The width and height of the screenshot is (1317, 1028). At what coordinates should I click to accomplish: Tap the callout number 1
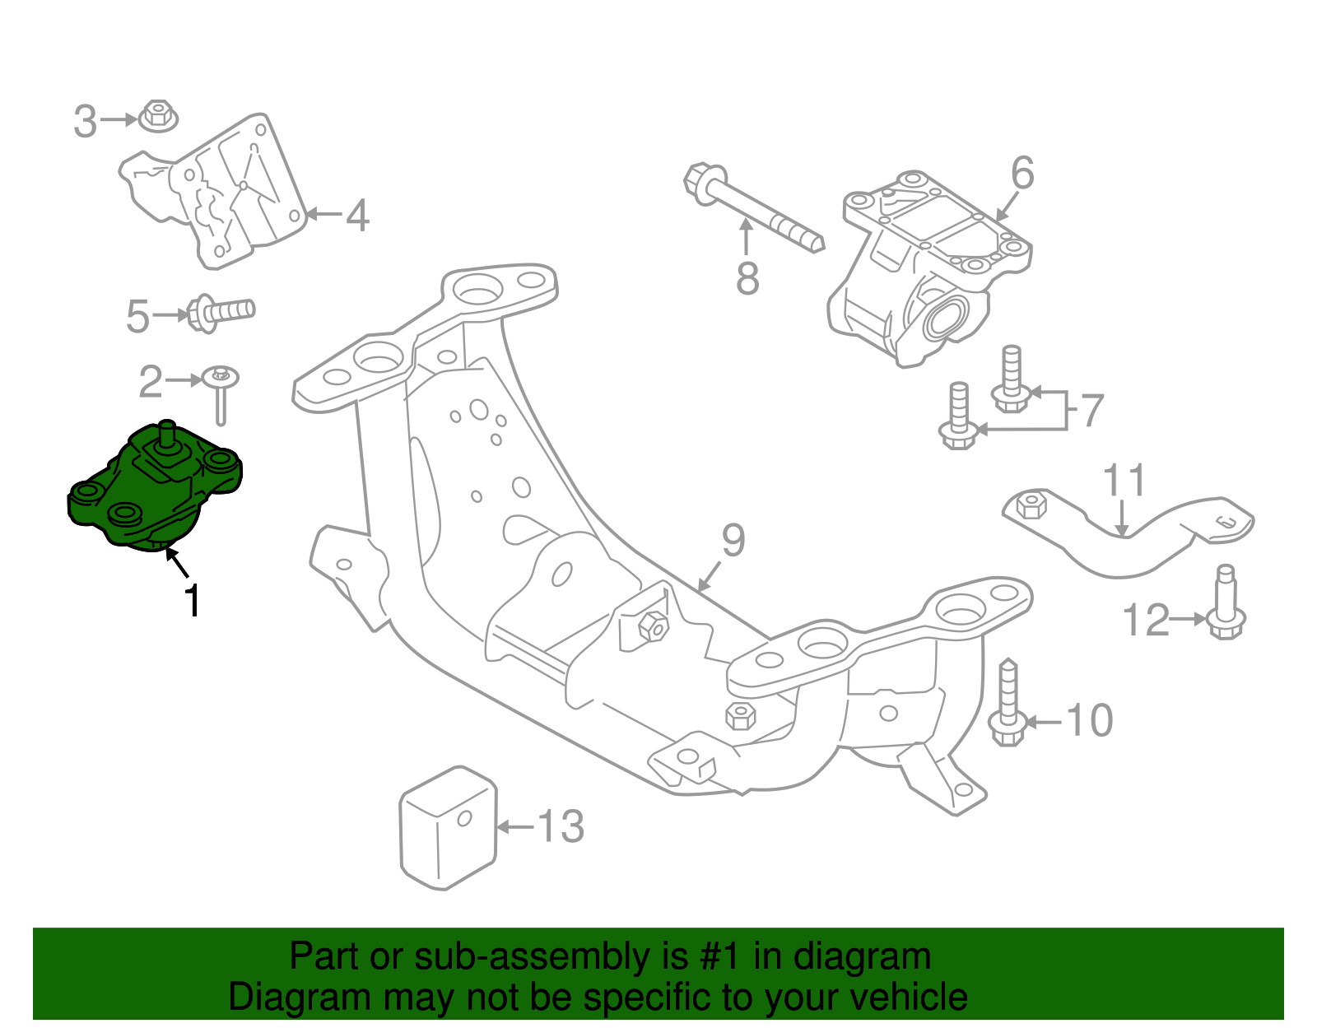(x=192, y=601)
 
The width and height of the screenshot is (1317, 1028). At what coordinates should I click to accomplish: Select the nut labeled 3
(x=158, y=116)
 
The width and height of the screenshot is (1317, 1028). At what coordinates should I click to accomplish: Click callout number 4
(x=357, y=216)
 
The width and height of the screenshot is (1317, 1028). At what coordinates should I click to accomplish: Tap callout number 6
(x=1021, y=174)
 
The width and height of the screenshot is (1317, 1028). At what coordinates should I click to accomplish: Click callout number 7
(x=1091, y=410)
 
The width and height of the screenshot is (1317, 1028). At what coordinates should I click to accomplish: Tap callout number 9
(x=733, y=541)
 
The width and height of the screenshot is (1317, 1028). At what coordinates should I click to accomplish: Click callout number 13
(x=561, y=826)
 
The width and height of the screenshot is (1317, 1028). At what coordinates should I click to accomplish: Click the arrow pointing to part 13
(x=516, y=826)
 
